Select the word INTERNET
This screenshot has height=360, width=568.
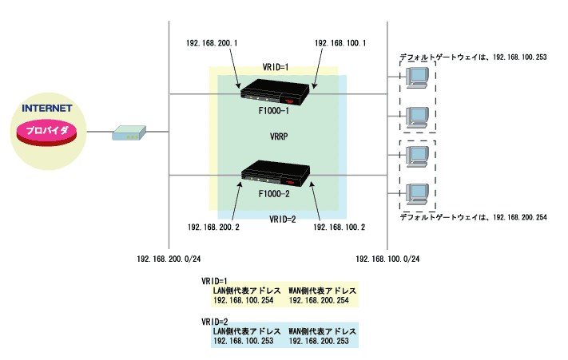(x=47, y=108)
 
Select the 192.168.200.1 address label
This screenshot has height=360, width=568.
(x=206, y=42)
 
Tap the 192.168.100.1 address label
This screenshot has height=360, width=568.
(x=340, y=42)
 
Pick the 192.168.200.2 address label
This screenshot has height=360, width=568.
(x=213, y=227)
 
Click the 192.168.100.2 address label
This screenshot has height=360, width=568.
(x=340, y=227)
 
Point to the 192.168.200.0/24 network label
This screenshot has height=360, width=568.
(x=169, y=259)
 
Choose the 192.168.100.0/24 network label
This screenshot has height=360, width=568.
(x=387, y=259)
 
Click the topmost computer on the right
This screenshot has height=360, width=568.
(x=417, y=77)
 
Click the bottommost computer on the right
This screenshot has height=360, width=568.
(x=417, y=194)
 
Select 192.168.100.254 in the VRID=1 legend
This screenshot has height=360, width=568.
(x=243, y=300)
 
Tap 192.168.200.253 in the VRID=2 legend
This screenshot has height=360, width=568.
(x=319, y=341)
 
